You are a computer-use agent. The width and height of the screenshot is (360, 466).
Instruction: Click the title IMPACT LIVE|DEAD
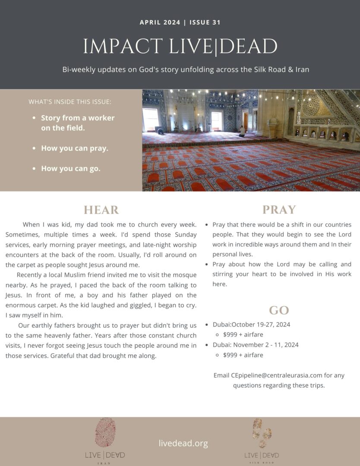point(180,47)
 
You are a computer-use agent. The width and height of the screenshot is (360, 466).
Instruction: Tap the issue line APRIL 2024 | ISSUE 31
point(180,22)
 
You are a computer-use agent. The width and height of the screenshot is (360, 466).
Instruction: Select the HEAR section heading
point(101,210)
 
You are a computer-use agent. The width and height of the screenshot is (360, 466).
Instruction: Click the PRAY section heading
point(279,210)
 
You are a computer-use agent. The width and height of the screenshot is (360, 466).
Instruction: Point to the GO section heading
point(279,310)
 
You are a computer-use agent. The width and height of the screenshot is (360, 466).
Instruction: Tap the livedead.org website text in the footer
point(183,443)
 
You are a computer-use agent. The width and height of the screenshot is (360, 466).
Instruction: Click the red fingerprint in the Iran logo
point(105,432)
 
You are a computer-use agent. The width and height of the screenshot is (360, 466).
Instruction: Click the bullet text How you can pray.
point(75,148)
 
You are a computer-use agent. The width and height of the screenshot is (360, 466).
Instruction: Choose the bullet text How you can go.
point(71,169)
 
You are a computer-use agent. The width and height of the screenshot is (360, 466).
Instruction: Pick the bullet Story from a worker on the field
point(78,123)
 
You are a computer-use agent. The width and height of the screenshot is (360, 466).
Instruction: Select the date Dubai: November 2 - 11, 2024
point(256,345)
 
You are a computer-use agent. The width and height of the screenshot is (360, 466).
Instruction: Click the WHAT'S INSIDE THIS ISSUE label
point(70,102)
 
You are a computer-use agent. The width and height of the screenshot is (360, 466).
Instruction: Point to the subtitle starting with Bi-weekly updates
point(186,69)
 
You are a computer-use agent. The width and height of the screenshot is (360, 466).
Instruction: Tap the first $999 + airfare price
point(243,334)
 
